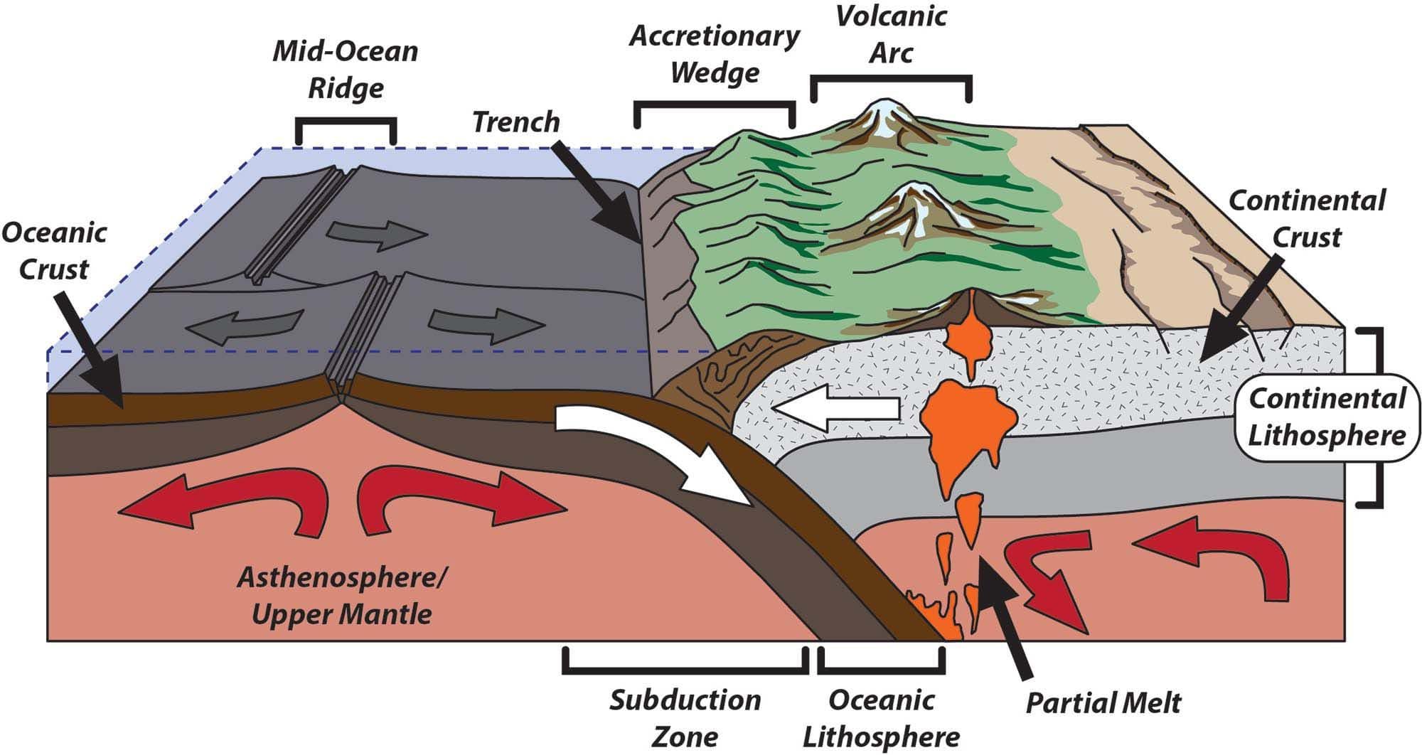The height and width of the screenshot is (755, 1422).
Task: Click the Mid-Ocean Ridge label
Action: [346, 70]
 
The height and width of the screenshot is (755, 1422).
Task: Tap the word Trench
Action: [516, 122]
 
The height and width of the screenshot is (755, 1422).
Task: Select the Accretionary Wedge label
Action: [715, 54]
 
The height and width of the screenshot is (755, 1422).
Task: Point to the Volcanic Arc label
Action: [892, 34]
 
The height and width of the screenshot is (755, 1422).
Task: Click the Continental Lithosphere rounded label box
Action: [1327, 417]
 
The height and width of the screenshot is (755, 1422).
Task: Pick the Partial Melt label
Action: [1103, 702]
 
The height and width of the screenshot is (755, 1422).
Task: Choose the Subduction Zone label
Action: [685, 718]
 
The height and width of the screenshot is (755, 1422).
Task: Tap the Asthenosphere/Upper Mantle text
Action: [341, 596]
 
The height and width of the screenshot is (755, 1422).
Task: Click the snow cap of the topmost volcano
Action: [882, 118]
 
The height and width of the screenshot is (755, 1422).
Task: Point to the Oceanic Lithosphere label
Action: [882, 718]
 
